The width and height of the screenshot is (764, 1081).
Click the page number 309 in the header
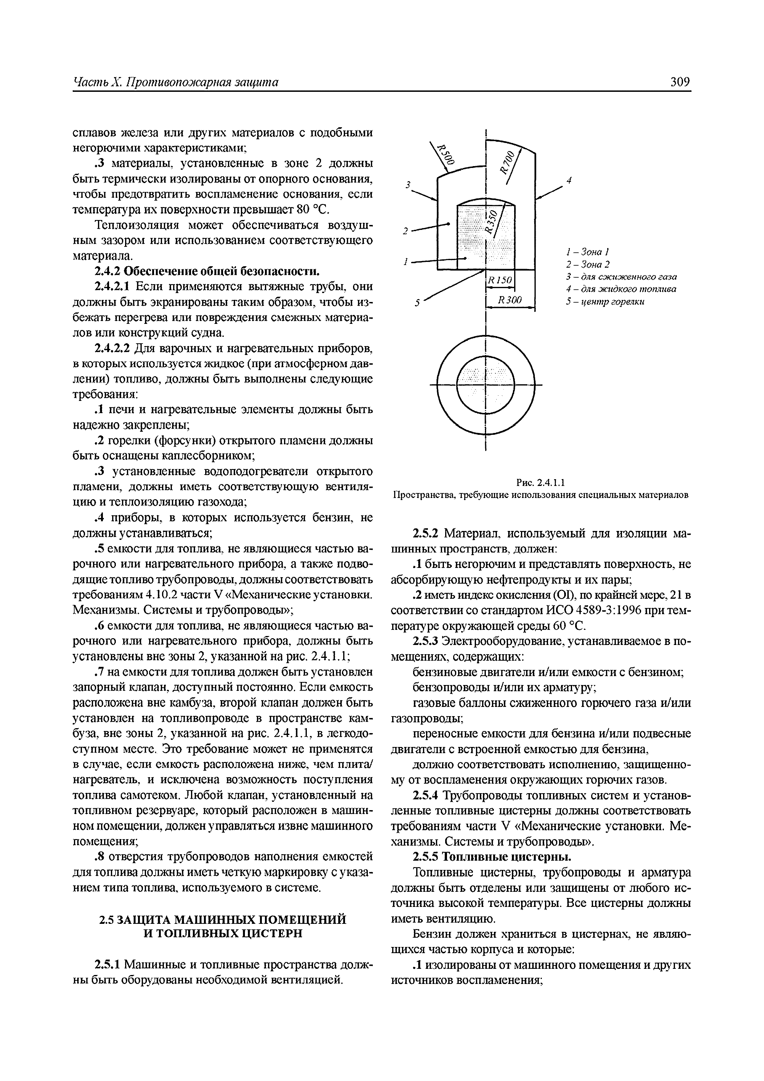click(680, 82)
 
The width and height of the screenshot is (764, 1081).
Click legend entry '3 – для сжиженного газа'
click(621, 276)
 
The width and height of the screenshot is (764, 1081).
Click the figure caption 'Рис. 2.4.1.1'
click(540, 482)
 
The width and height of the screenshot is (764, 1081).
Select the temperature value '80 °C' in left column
click(314, 209)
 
